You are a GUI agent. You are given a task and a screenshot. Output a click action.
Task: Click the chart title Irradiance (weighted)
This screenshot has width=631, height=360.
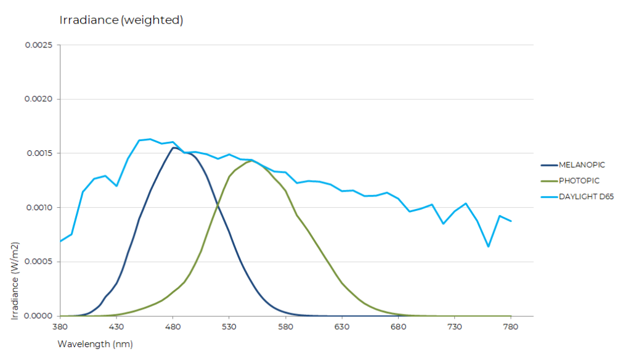(x=121, y=20)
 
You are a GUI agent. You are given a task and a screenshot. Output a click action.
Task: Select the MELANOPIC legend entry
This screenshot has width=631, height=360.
(x=581, y=165)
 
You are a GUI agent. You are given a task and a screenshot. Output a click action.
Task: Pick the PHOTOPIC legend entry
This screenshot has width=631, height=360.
(x=579, y=181)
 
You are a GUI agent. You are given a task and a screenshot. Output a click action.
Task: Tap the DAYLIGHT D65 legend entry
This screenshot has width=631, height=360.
(x=586, y=197)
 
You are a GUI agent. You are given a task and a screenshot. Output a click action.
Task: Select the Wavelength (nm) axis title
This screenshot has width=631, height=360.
(x=95, y=343)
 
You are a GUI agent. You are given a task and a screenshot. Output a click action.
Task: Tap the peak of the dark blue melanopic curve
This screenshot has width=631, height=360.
(x=174, y=147)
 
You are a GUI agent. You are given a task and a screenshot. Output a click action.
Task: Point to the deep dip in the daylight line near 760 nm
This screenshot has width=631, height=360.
(x=488, y=247)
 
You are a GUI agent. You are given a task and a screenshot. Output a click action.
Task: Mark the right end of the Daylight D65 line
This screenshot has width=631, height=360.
(x=511, y=221)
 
